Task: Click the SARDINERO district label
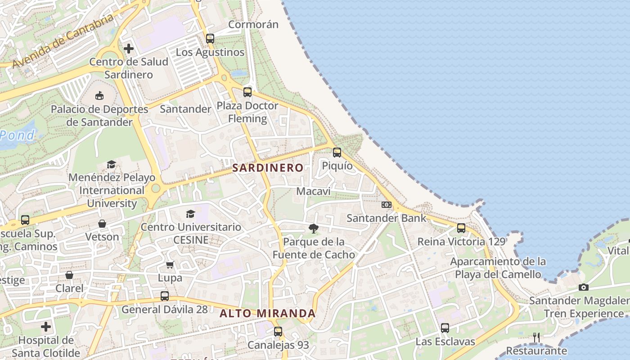pos(268,168)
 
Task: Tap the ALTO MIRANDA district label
pos(267,313)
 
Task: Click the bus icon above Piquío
pos(337,153)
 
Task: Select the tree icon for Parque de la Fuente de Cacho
pos(314,229)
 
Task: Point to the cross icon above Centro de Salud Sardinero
pos(129,48)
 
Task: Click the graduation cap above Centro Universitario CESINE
pos(191,214)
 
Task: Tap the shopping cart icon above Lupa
pos(170,265)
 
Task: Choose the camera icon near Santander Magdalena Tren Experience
pos(584,287)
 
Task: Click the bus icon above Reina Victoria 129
pos(461,228)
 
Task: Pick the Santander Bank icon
pos(386,205)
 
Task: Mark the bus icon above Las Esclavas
pos(445,328)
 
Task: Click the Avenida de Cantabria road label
pos(63,41)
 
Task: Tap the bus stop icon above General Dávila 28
pos(165,296)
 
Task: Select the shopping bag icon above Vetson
pos(102,224)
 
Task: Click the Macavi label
pos(313,191)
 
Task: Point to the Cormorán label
pos(253,24)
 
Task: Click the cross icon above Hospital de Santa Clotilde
pos(46,326)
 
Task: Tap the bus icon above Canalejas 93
pos(278,332)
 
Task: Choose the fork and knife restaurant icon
pos(536,337)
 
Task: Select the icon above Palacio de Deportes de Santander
pos(99,95)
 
